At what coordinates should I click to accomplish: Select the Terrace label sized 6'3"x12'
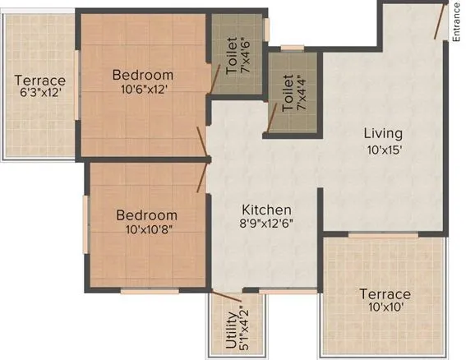pyautogui.click(x=40, y=81)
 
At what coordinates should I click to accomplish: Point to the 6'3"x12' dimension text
pyautogui.click(x=40, y=97)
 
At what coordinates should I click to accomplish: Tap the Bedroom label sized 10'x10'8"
pyautogui.click(x=146, y=215)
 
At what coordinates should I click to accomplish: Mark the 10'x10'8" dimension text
pyautogui.click(x=146, y=231)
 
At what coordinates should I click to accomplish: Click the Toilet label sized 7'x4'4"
pyautogui.click(x=288, y=94)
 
